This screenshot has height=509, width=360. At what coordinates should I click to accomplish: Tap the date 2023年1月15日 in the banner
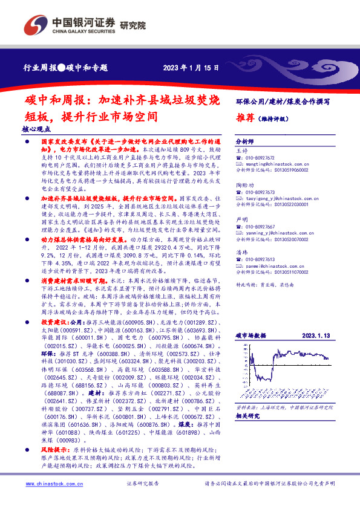191,68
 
